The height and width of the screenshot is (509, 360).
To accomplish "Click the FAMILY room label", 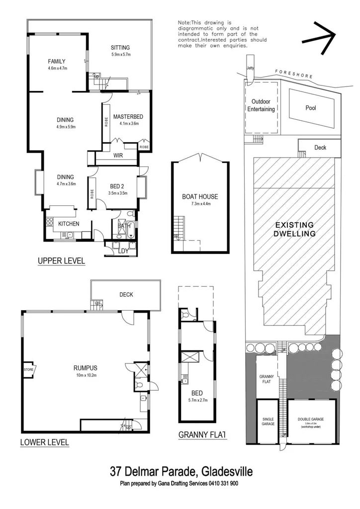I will click(57, 61).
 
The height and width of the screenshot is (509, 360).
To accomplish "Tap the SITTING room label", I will click(120, 48).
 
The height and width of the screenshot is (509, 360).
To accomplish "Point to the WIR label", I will click(118, 156).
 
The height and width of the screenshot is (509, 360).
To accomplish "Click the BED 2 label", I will click(118, 187).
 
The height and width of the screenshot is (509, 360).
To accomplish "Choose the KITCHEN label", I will click(69, 224).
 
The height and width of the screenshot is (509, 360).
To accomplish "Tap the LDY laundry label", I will click(124, 251).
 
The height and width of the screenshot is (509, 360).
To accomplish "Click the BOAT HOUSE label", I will click(200, 197).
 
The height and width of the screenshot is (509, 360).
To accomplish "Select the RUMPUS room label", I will click(85, 368).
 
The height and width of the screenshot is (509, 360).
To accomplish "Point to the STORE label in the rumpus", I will click(28, 370).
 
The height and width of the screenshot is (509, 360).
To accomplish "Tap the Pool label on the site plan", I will click(311, 108).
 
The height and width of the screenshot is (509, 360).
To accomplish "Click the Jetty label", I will click(250, 71).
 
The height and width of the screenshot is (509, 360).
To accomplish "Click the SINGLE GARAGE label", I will click(268, 422).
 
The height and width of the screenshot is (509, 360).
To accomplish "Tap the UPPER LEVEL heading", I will click(62, 260).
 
